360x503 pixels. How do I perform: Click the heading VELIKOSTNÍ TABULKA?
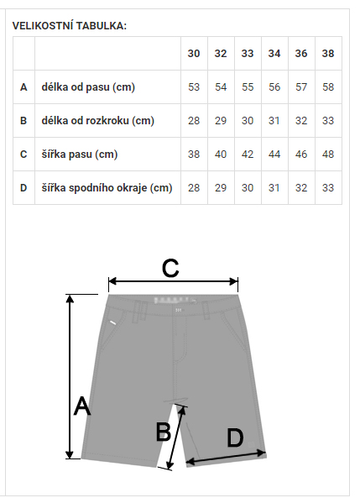pyautogui.click(x=70, y=26)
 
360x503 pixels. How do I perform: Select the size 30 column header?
pyautogui.click(x=194, y=53)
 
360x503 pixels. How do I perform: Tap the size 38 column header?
pyautogui.click(x=328, y=53)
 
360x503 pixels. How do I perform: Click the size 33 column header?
pyautogui.click(x=248, y=53)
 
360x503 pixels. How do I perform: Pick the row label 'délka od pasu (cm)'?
pyautogui.click(x=88, y=87)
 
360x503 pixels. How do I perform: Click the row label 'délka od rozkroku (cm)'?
pyautogui.click(x=98, y=121)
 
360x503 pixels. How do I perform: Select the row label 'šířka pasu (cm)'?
pyautogui.click(x=80, y=155)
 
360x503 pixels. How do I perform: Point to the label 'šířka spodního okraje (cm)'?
pyautogui.click(x=107, y=187)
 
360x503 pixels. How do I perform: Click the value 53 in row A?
pyautogui.click(x=194, y=87)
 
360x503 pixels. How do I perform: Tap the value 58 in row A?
pyautogui.click(x=328, y=87)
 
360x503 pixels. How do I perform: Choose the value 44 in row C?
pyautogui.click(x=274, y=155)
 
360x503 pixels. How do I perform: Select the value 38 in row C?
pyautogui.click(x=194, y=155)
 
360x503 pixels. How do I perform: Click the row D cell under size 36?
pyautogui.click(x=301, y=187)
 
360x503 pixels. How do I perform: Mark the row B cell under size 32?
pyautogui.click(x=221, y=121)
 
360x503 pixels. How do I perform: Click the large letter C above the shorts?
pyautogui.click(x=170, y=268)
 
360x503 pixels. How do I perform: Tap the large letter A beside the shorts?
pyautogui.click(x=82, y=406)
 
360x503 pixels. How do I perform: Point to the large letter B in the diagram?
pyautogui.click(x=163, y=432)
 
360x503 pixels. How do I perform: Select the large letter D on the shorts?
pyautogui.click(x=235, y=438)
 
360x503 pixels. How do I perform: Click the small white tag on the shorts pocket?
pyautogui.click(x=112, y=323)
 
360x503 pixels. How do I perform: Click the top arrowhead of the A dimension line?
pyautogui.click(x=70, y=298)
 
